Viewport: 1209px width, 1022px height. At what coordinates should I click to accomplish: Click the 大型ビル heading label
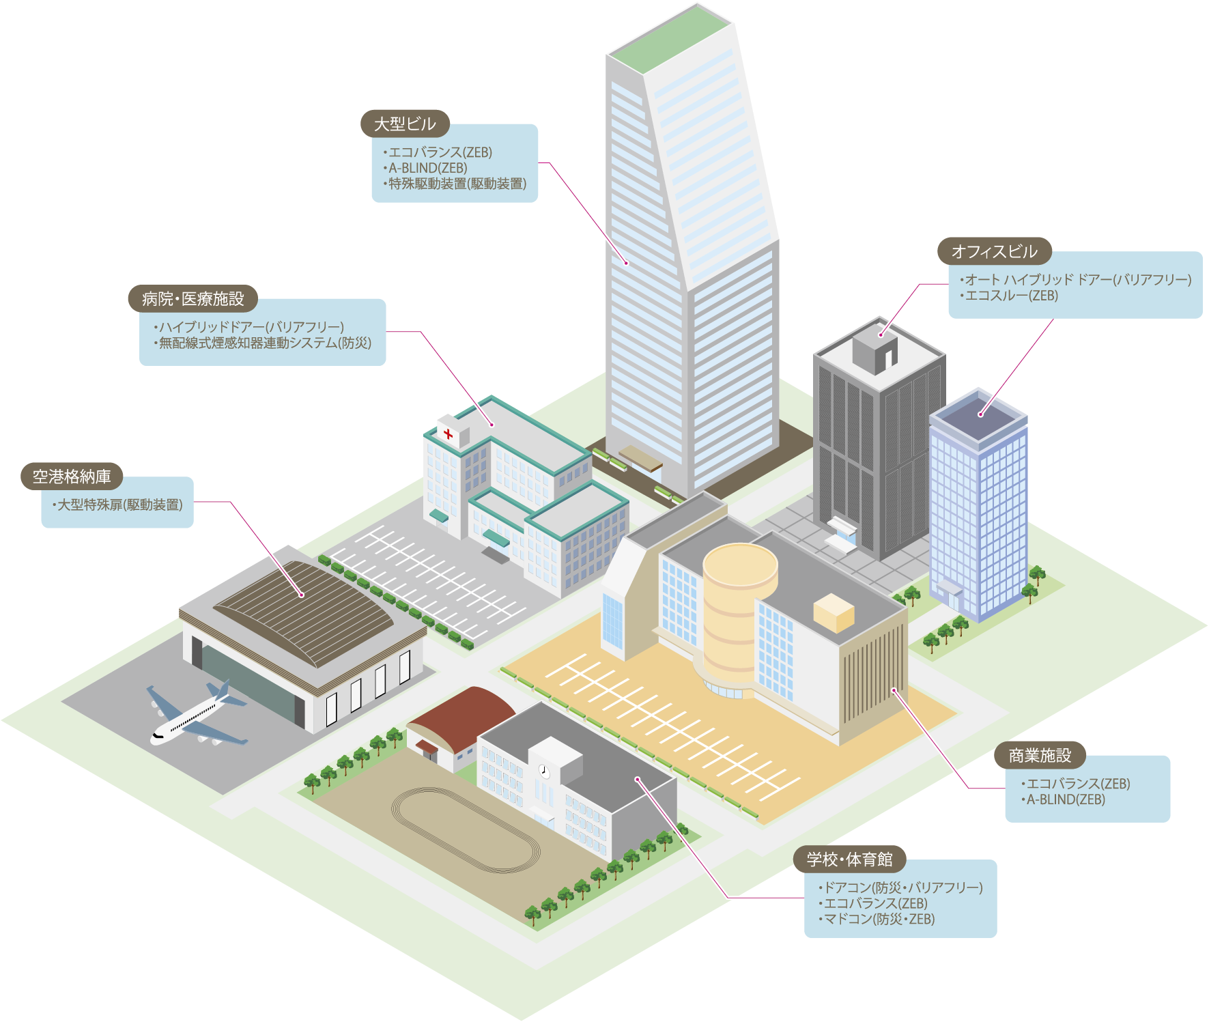point(404,124)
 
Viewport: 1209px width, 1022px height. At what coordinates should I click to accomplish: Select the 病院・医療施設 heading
point(193,299)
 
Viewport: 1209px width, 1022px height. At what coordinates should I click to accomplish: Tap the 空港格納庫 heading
point(72,477)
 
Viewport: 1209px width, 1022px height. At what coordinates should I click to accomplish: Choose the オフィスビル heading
point(994,252)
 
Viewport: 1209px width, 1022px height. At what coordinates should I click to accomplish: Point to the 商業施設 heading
point(1040,756)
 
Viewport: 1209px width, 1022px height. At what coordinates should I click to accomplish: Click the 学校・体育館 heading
point(849,860)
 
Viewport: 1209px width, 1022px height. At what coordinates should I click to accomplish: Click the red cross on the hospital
point(448,434)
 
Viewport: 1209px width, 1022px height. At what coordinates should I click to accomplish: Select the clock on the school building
point(544,771)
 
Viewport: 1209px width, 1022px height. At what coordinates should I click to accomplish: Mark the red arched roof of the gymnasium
point(465,713)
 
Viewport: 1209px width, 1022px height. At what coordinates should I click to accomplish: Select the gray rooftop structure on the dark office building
point(874,349)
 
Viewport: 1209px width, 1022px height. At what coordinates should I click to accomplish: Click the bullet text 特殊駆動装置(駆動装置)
point(457,184)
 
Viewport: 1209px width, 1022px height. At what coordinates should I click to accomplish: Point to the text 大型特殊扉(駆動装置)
point(119,505)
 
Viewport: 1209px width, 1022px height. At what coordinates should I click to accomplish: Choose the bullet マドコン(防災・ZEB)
point(879,919)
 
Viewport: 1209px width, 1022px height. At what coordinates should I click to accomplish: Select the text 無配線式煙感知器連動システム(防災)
point(265,343)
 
